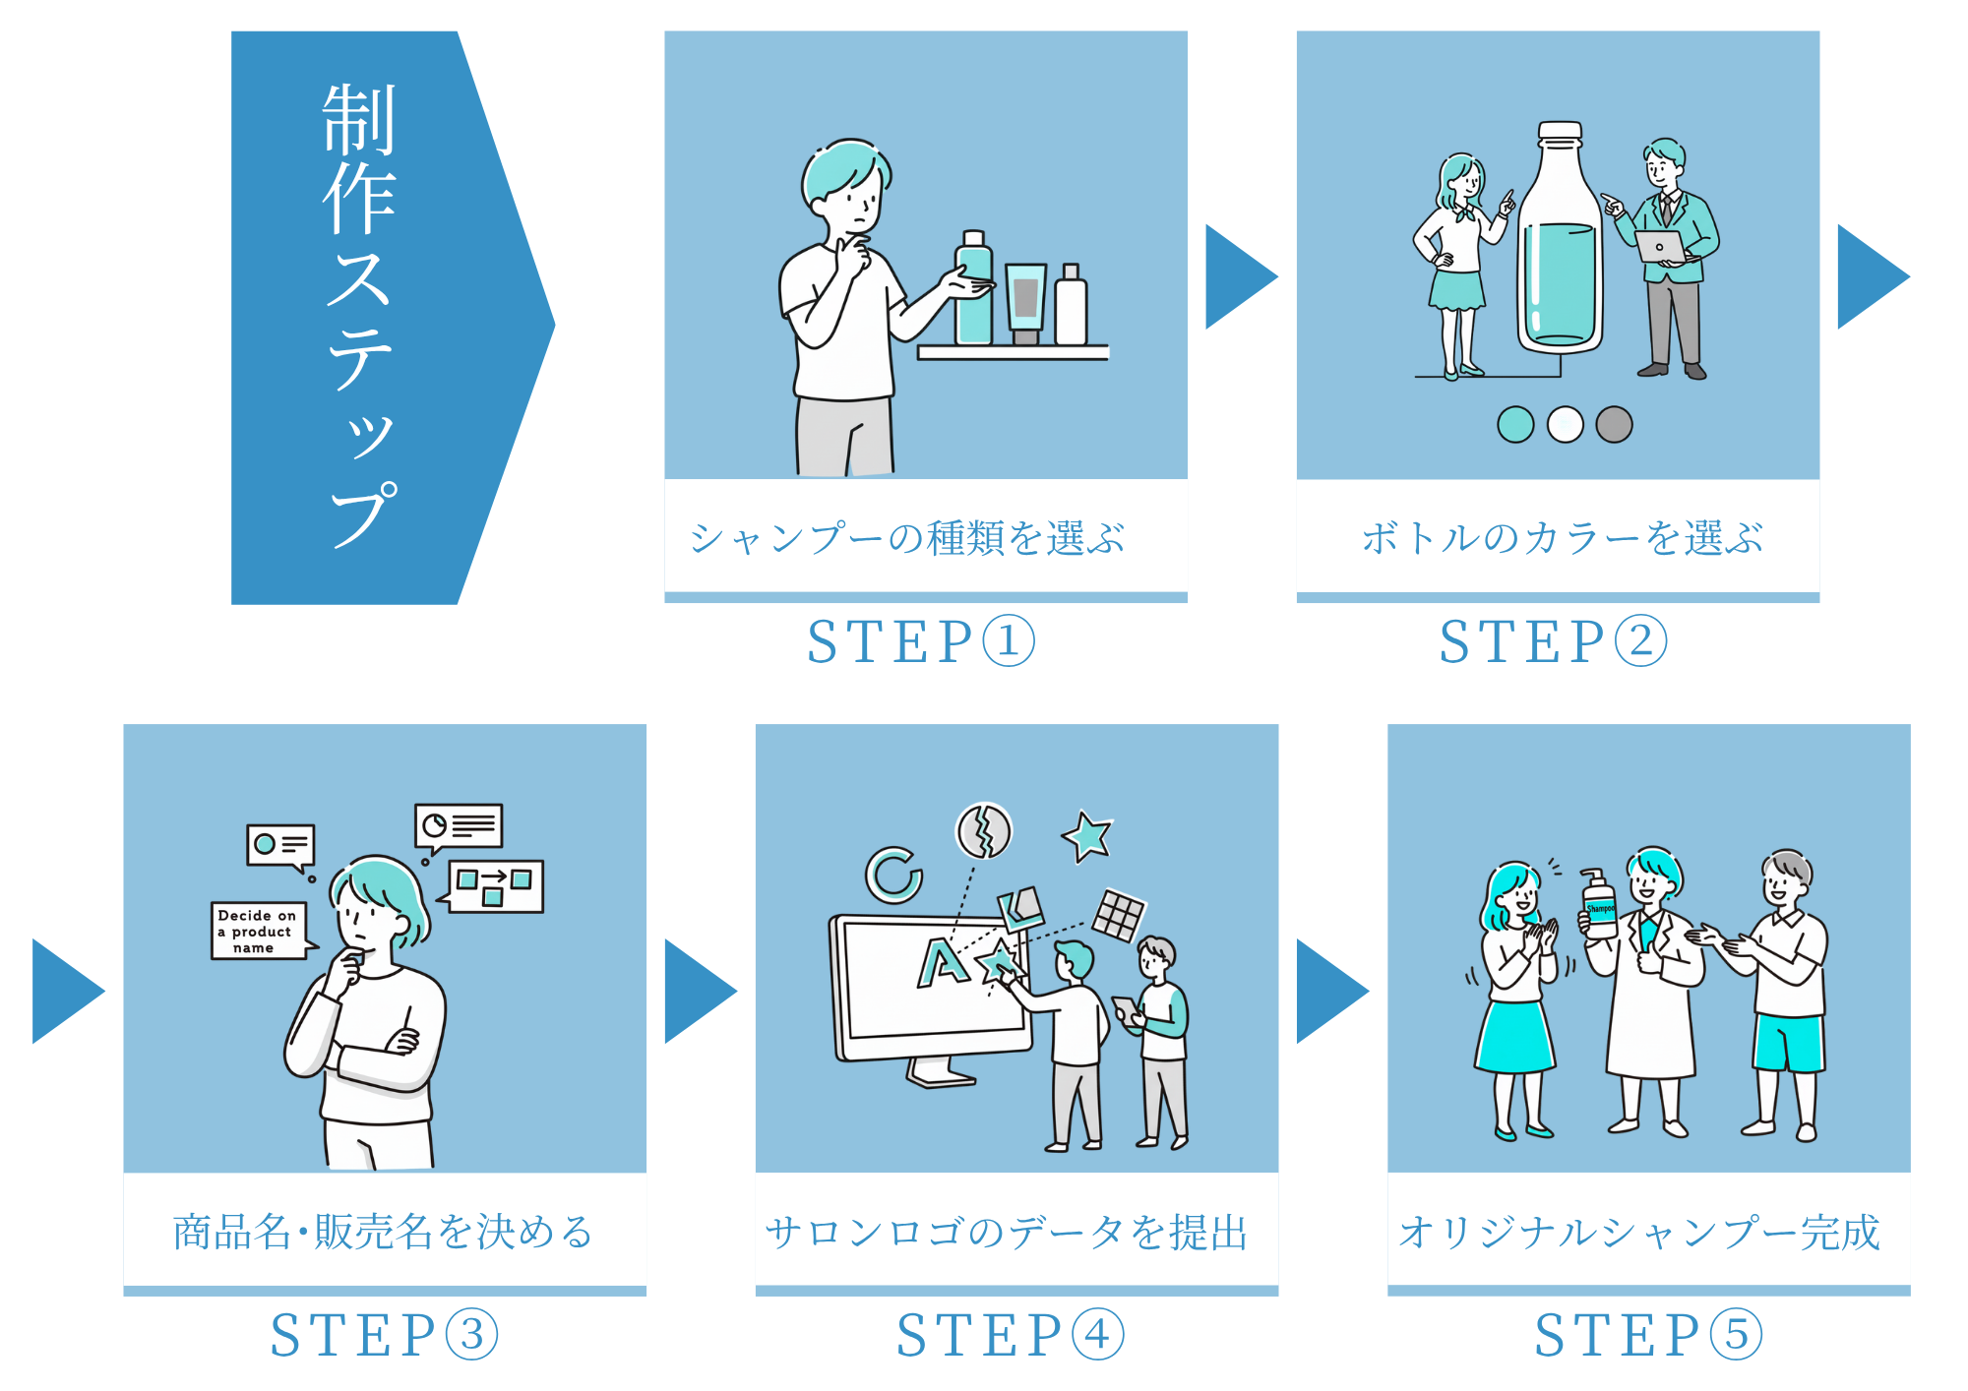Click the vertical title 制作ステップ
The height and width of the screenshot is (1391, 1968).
[360, 315]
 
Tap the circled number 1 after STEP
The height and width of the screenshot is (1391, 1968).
[1008, 641]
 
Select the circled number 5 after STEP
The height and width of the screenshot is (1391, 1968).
[1737, 1335]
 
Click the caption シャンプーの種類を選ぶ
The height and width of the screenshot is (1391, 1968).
[906, 538]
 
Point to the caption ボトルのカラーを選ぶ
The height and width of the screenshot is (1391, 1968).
[1562, 538]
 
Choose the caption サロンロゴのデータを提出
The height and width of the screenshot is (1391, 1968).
[1006, 1232]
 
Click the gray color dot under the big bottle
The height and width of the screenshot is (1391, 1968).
[1614, 425]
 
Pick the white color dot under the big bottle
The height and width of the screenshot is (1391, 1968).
[1565, 425]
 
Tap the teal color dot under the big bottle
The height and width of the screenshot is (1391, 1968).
[1515, 425]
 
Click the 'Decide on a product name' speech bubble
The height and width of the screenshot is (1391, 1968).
[258, 931]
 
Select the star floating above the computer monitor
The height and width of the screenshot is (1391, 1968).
[1087, 836]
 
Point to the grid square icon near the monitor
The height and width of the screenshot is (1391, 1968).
[1119, 915]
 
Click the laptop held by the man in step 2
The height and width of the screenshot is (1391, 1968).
[1661, 246]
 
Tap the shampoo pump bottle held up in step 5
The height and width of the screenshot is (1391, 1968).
[1598, 905]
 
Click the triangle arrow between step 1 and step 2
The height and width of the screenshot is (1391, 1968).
[1239, 276]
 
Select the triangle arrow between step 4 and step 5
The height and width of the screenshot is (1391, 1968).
[1329, 991]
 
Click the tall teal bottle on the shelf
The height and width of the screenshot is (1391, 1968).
[974, 290]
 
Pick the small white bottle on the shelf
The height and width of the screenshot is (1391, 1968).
[1071, 307]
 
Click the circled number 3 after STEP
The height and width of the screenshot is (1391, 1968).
[472, 1335]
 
